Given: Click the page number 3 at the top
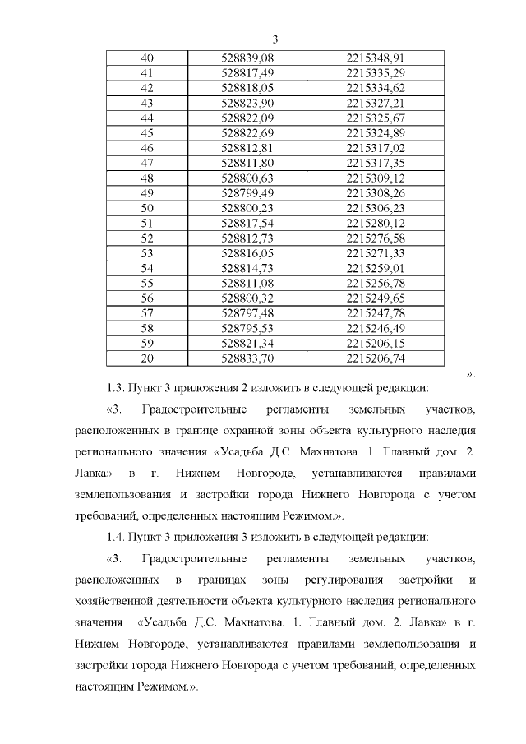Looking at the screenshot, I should pyautogui.click(x=275, y=39).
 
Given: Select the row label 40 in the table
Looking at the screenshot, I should pyautogui.click(x=148, y=58).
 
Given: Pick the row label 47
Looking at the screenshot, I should pyautogui.click(x=148, y=163).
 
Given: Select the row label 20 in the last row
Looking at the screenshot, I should pyautogui.click(x=148, y=358).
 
